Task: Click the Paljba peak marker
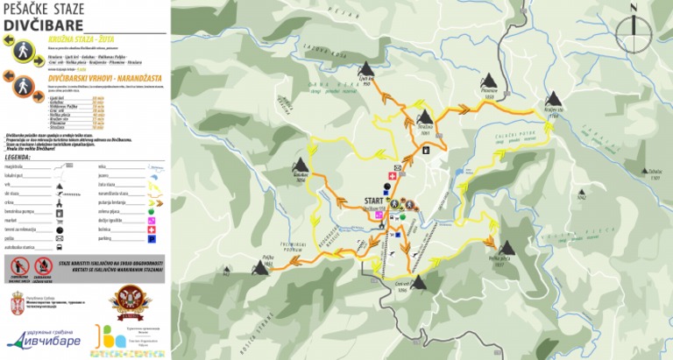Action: [260, 268]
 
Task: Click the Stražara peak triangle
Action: [426, 117]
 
